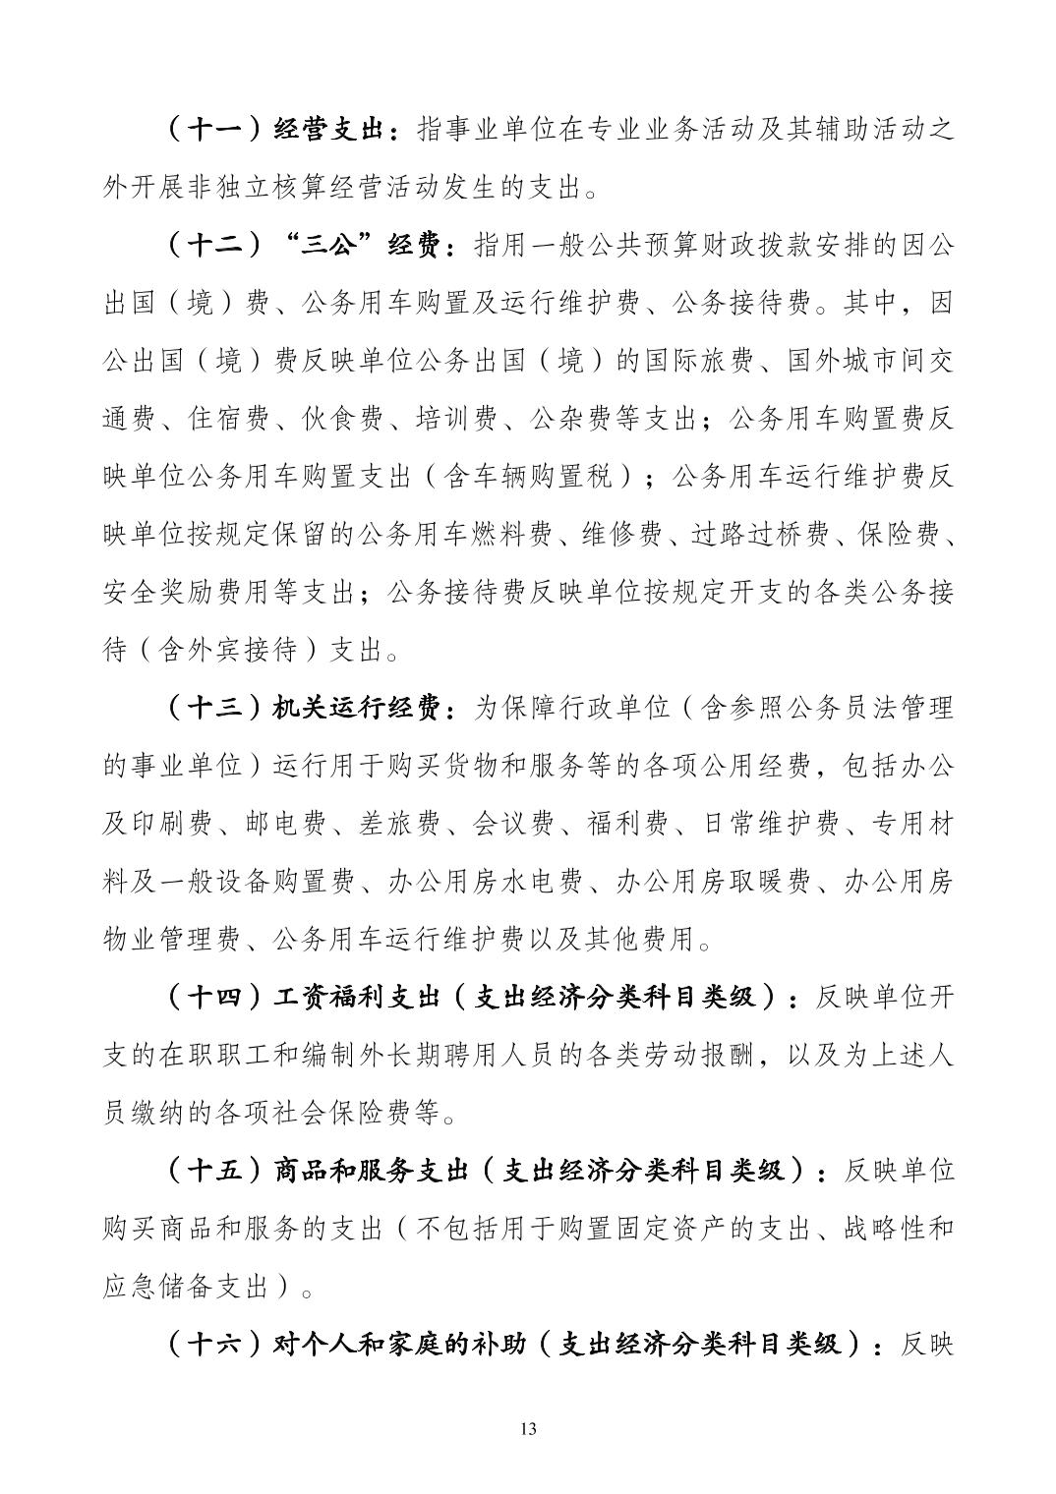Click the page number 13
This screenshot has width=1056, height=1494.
[528, 1428]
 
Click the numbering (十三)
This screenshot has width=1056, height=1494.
[213, 708]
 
